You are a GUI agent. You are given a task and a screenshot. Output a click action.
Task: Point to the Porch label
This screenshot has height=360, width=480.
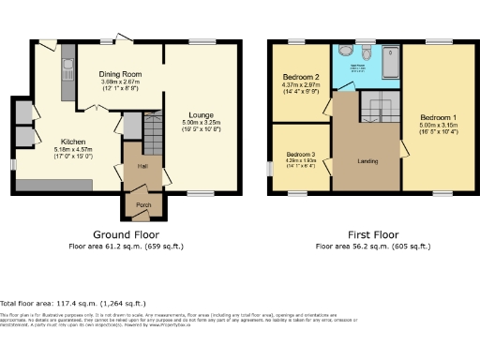(143, 204)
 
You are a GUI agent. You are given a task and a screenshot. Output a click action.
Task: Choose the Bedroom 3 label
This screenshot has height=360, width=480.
(300, 154)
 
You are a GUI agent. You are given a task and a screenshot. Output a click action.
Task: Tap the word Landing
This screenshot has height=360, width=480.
(367, 161)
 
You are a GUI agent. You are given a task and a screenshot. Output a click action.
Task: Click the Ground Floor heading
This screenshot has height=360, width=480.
(127, 234)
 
